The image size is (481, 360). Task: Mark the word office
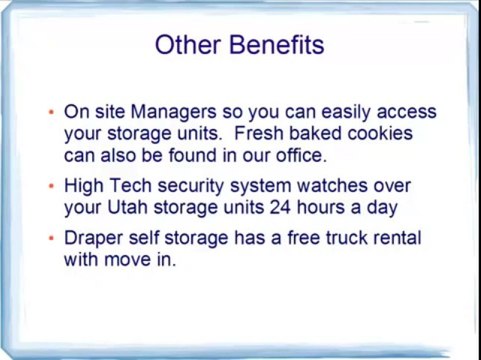click(x=296, y=156)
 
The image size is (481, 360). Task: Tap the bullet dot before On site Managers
click(x=51, y=113)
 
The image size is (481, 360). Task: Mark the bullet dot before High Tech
click(x=51, y=187)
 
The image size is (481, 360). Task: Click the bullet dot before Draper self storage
click(x=51, y=239)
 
